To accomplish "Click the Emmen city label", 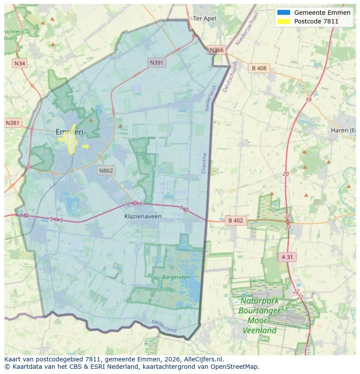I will pyautogui.click(x=70, y=132).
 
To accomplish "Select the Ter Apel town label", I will pyautogui.click(x=204, y=18).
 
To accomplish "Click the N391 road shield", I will pyautogui.click(x=157, y=63).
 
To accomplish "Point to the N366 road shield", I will pyautogui.click(x=217, y=50).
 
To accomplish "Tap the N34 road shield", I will pyautogui.click(x=20, y=63).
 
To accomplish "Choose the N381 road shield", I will pyautogui.click(x=13, y=123).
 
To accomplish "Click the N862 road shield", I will pyautogui.click(x=106, y=170).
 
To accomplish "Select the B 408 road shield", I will pyautogui.click(x=259, y=68).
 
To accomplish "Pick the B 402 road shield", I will pyautogui.click(x=236, y=221).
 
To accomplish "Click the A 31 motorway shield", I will pyautogui.click(x=287, y=257).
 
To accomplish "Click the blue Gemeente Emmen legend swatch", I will pyautogui.click(x=283, y=13).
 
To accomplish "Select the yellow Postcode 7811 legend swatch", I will pyautogui.click(x=283, y=21).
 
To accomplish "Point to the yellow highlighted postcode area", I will pyautogui.click(x=70, y=140).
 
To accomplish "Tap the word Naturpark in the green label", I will pyautogui.click(x=260, y=301).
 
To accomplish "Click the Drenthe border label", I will pyautogui.click(x=204, y=163).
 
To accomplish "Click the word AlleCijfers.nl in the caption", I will pyautogui.click(x=204, y=359).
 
